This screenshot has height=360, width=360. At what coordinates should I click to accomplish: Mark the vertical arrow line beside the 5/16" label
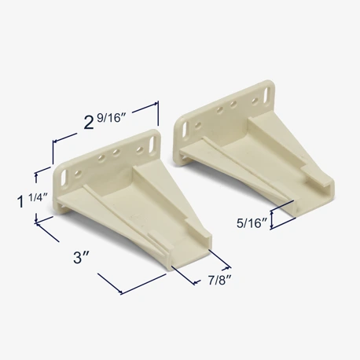(x=271, y=220)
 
